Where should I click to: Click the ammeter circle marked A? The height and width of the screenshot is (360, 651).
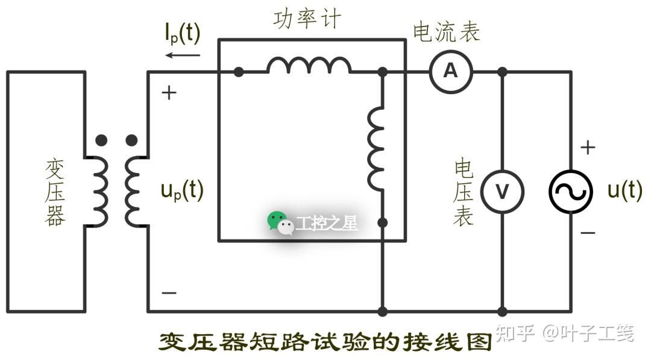(x=451, y=72)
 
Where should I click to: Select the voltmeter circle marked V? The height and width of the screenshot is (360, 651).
(x=502, y=191)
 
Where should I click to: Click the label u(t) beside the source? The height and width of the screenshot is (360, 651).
(x=624, y=191)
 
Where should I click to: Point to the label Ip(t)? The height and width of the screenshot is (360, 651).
(x=182, y=34)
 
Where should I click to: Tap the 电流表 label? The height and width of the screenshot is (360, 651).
(x=446, y=32)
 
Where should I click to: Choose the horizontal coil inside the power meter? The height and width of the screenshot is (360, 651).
(x=309, y=65)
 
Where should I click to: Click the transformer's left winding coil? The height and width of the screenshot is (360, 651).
(x=98, y=191)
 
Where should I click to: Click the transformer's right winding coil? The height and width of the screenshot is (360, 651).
(x=134, y=191)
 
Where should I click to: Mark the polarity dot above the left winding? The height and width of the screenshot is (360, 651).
(x=101, y=141)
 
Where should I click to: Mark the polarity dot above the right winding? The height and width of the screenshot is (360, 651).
(x=131, y=141)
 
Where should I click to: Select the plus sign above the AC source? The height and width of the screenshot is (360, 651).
(x=588, y=147)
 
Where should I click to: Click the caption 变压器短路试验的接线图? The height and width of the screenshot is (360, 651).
(x=325, y=342)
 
